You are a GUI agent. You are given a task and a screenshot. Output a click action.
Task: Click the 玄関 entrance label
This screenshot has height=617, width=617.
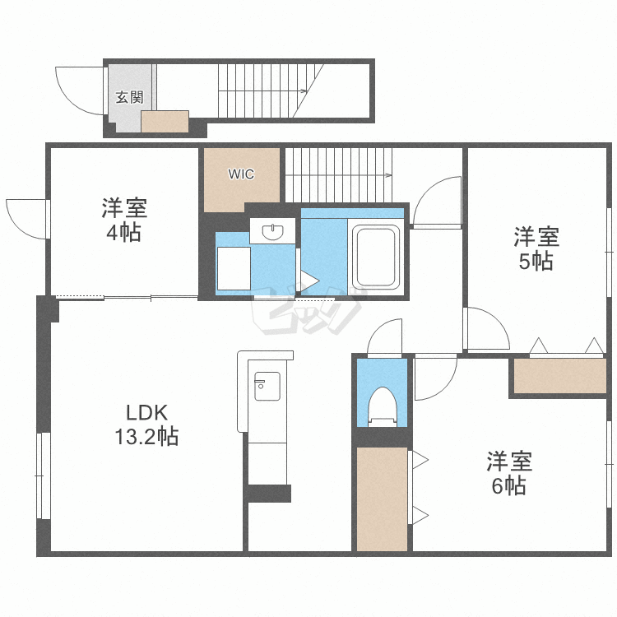[129, 97]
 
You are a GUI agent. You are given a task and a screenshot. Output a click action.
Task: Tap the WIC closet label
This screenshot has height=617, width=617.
[241, 174]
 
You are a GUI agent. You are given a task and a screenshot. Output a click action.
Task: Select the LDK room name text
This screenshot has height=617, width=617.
[146, 413]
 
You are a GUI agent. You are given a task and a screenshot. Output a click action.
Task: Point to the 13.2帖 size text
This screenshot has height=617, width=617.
[146, 436]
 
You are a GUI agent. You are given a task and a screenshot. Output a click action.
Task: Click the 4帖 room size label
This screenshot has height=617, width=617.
[123, 233]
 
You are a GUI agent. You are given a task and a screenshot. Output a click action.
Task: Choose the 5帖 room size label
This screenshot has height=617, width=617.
[536, 262]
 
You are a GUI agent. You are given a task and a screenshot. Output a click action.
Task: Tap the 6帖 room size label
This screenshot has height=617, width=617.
[508, 485]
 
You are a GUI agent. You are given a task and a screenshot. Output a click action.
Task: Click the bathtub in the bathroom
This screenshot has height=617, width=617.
[376, 257]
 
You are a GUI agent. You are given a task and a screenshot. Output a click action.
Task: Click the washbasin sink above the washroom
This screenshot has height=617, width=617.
[272, 231]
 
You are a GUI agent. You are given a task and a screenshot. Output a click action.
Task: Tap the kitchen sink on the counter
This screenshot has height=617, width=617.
[267, 386]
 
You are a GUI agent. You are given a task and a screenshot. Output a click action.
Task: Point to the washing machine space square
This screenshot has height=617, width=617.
[234, 268]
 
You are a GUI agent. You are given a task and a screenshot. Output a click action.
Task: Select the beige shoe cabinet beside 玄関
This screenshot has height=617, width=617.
[165, 122]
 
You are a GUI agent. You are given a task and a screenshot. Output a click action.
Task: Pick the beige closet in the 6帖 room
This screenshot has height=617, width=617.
[382, 499]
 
